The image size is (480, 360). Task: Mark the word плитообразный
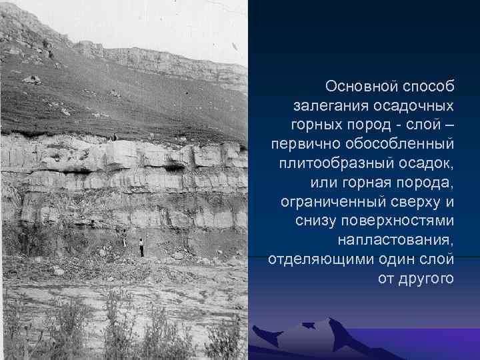pos(338,163)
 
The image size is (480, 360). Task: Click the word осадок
pos(427,163)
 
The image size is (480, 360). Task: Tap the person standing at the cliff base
pos(141,247)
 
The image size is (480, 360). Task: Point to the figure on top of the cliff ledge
pos(114,137)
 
